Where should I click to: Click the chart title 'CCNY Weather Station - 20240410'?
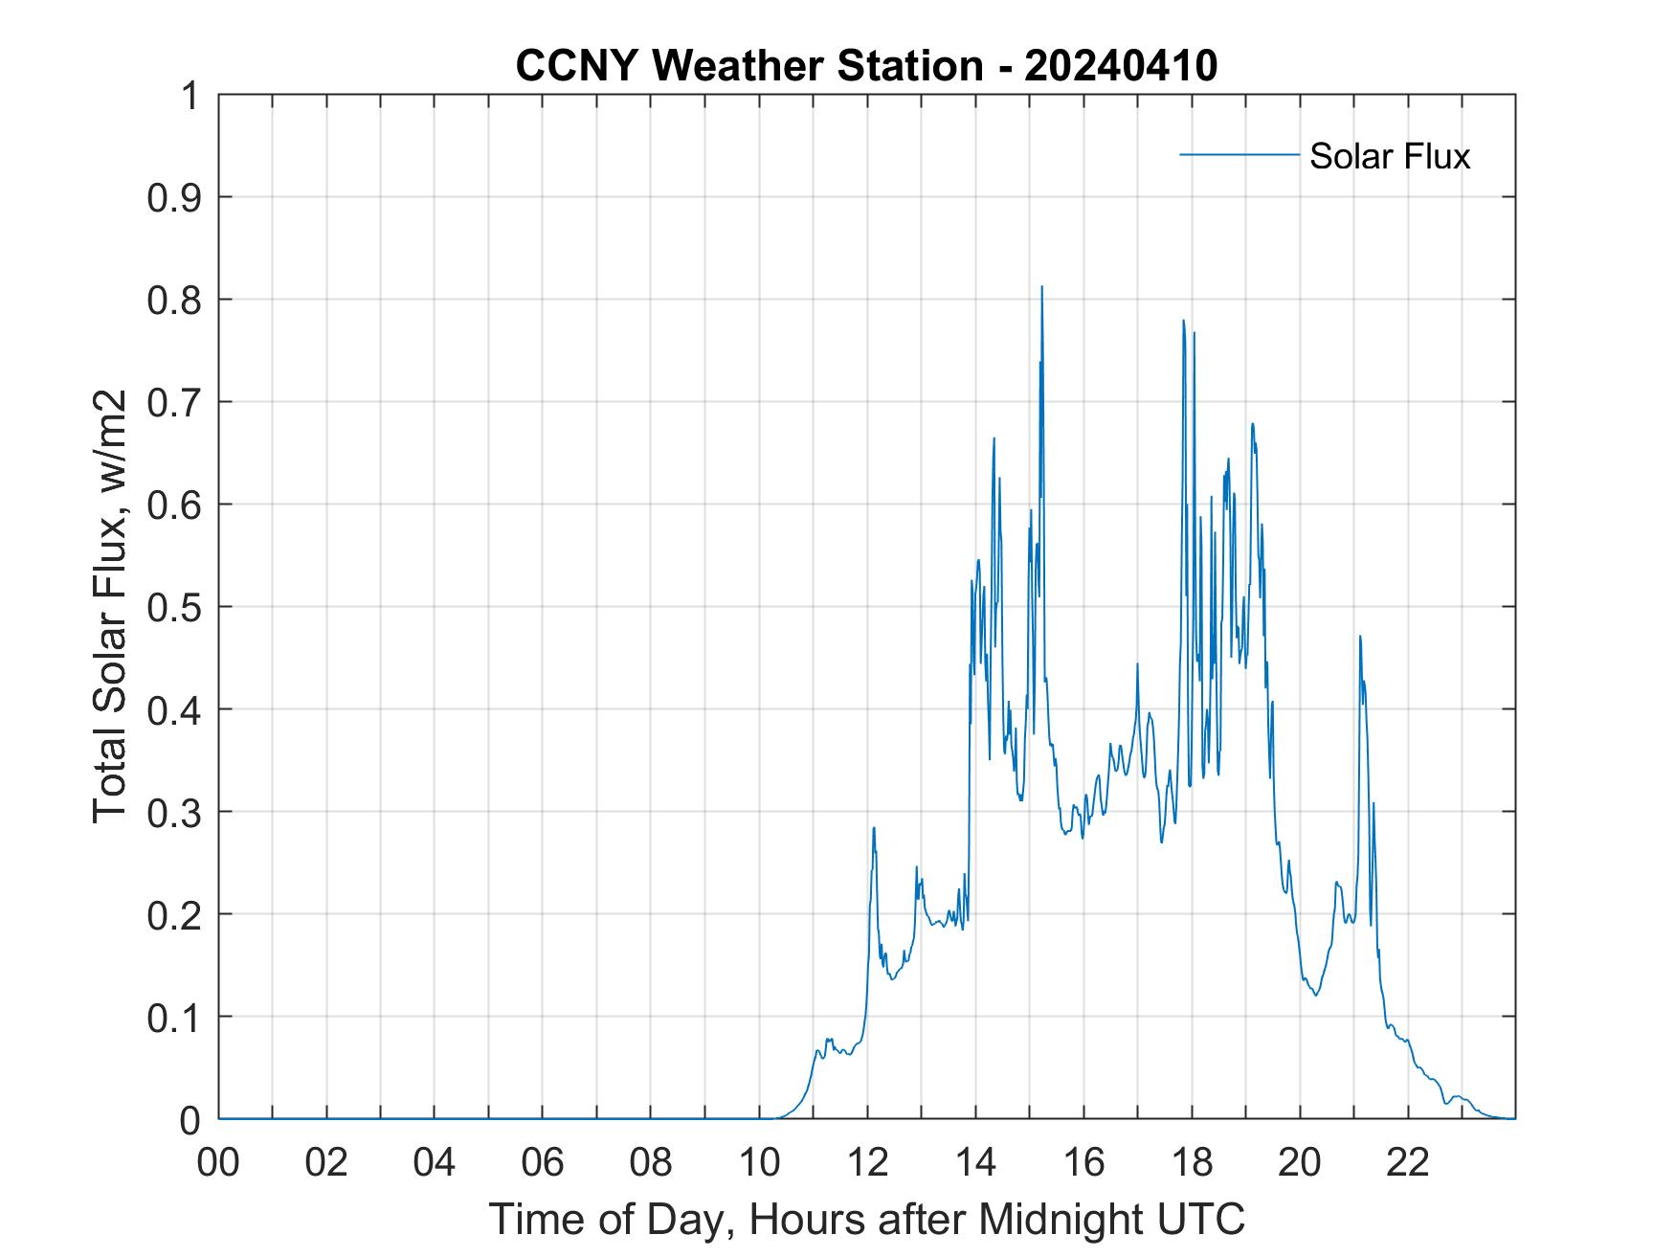click(866, 66)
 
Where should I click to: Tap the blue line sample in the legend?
click(1239, 154)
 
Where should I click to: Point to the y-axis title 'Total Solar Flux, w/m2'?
click(111, 606)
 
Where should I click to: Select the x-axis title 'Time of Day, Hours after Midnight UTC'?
click(866, 1219)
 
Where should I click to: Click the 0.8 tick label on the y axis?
click(176, 301)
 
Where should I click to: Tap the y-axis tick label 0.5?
click(176, 608)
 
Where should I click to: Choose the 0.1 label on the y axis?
click(176, 1018)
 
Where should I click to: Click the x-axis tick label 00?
click(218, 1163)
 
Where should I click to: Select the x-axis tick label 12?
click(867, 1163)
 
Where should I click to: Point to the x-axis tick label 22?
click(1408, 1163)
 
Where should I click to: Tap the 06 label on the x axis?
click(543, 1163)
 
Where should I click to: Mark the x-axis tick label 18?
click(1192, 1163)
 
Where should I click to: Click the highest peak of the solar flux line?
click(1041, 286)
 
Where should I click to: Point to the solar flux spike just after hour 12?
click(874, 828)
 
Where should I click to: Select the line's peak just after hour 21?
click(1359, 637)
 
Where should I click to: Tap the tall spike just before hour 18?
click(1184, 321)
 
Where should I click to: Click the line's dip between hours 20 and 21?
click(1316, 995)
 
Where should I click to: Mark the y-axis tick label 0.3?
click(176, 813)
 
